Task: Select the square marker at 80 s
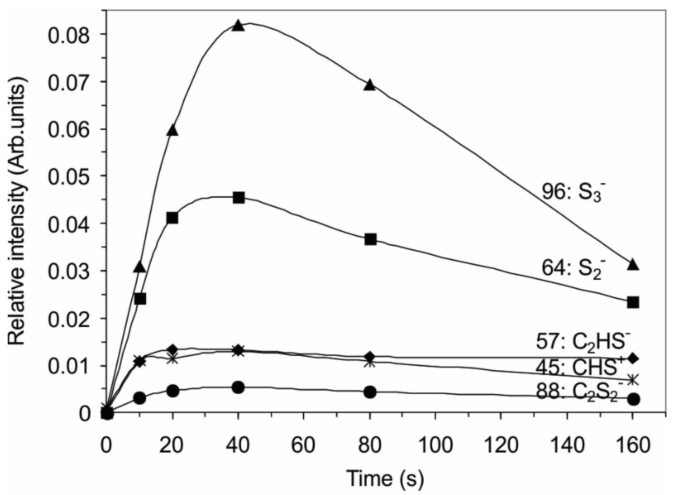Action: point(370,239)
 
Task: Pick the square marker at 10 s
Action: point(140,299)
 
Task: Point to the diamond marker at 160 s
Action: point(633,358)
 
